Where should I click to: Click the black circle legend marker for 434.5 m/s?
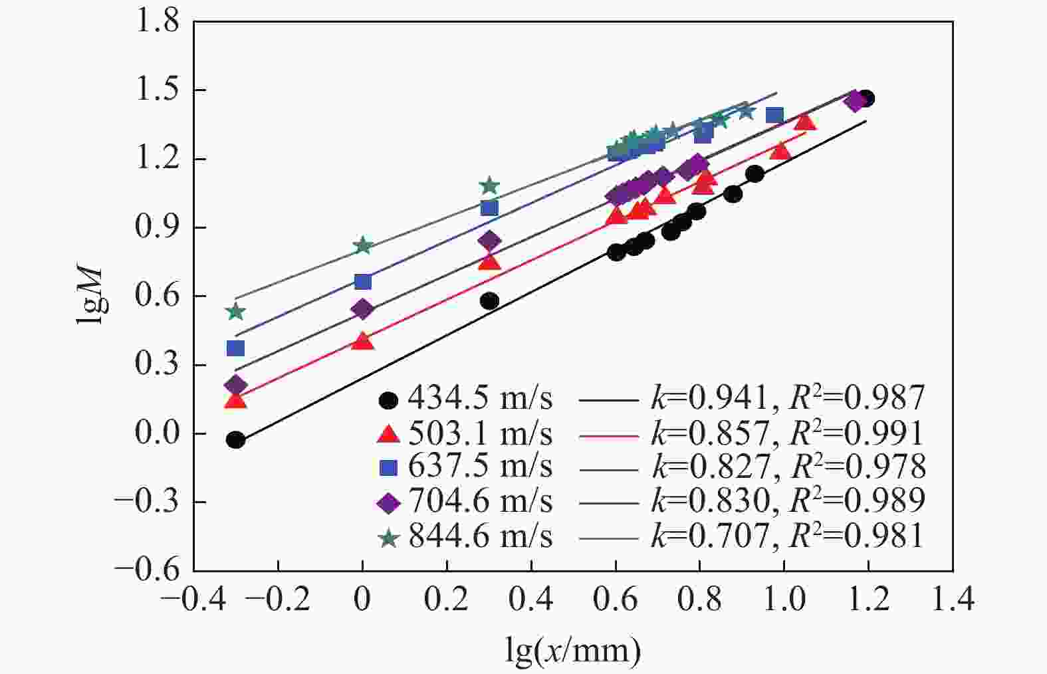(388, 400)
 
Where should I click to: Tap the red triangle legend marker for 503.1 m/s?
(388, 435)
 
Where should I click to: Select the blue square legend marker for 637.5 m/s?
(388, 468)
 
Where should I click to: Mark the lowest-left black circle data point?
(235, 440)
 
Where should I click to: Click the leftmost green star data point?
(235, 312)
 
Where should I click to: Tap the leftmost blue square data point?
(235, 348)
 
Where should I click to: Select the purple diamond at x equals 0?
(362, 309)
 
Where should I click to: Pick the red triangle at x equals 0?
(362, 342)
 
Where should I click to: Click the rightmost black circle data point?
(865, 98)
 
